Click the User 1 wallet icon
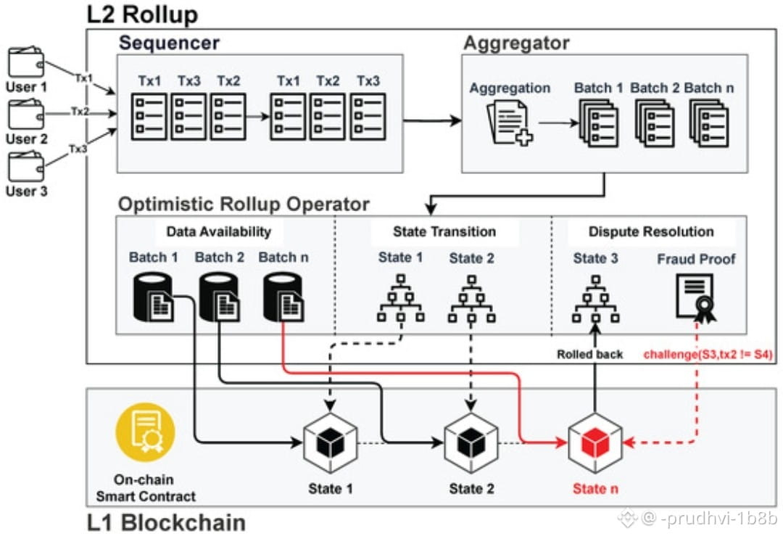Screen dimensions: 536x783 (25, 62)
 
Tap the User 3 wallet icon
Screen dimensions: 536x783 (25, 167)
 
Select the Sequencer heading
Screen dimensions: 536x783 (169, 42)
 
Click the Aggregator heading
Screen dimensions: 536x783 (516, 42)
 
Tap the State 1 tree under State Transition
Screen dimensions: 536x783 (400, 297)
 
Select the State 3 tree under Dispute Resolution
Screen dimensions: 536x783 (595, 297)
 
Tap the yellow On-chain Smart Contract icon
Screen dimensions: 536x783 (145, 433)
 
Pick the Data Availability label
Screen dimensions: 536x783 (218, 232)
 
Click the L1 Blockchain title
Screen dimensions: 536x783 (166, 522)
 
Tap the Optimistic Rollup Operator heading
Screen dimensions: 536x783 (244, 205)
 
